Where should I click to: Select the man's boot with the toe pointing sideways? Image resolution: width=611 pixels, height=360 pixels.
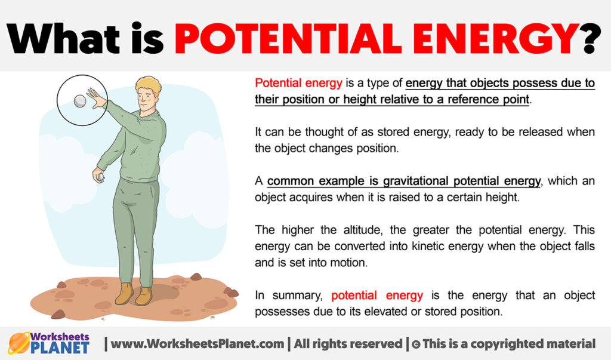[x=125, y=294]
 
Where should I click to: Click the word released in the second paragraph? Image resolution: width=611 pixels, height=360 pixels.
[x=513, y=132]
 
